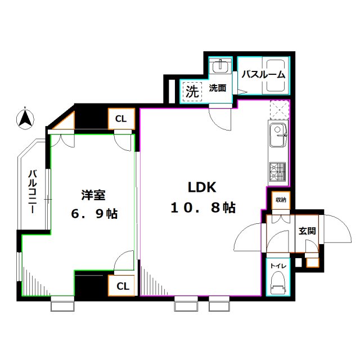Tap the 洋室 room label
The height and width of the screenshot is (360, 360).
[x=93, y=195]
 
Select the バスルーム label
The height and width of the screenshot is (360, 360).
[x=263, y=74]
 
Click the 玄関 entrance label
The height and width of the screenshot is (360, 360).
[x=307, y=230]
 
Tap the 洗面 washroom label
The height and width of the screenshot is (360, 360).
[x=218, y=88]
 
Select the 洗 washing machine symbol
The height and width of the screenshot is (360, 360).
[x=192, y=91]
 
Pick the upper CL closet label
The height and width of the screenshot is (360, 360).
[x=121, y=119]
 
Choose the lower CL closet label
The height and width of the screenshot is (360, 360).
[x=123, y=286]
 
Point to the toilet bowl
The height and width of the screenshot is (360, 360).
[x=277, y=282]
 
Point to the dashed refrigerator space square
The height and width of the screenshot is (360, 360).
[x=279, y=110]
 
